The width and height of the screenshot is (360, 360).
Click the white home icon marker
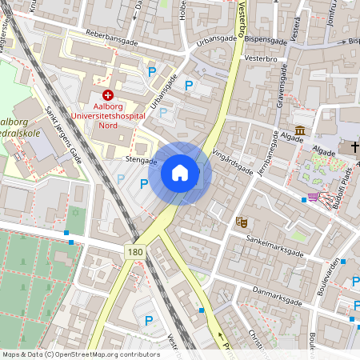pyautogui.click(x=180, y=173)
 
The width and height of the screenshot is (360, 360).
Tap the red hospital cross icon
pyautogui.click(x=108, y=95)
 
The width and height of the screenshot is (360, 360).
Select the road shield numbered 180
pyautogui.click(x=135, y=252)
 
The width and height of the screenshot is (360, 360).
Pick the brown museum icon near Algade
pyautogui.click(x=299, y=130)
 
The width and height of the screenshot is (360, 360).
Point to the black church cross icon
pyautogui.click(x=354, y=147)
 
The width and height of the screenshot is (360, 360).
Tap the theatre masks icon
pyautogui.click(x=241, y=220)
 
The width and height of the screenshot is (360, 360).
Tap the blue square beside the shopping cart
pyautogui.click(x=303, y=198)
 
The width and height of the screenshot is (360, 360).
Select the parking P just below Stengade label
pyautogui.click(x=144, y=184)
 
